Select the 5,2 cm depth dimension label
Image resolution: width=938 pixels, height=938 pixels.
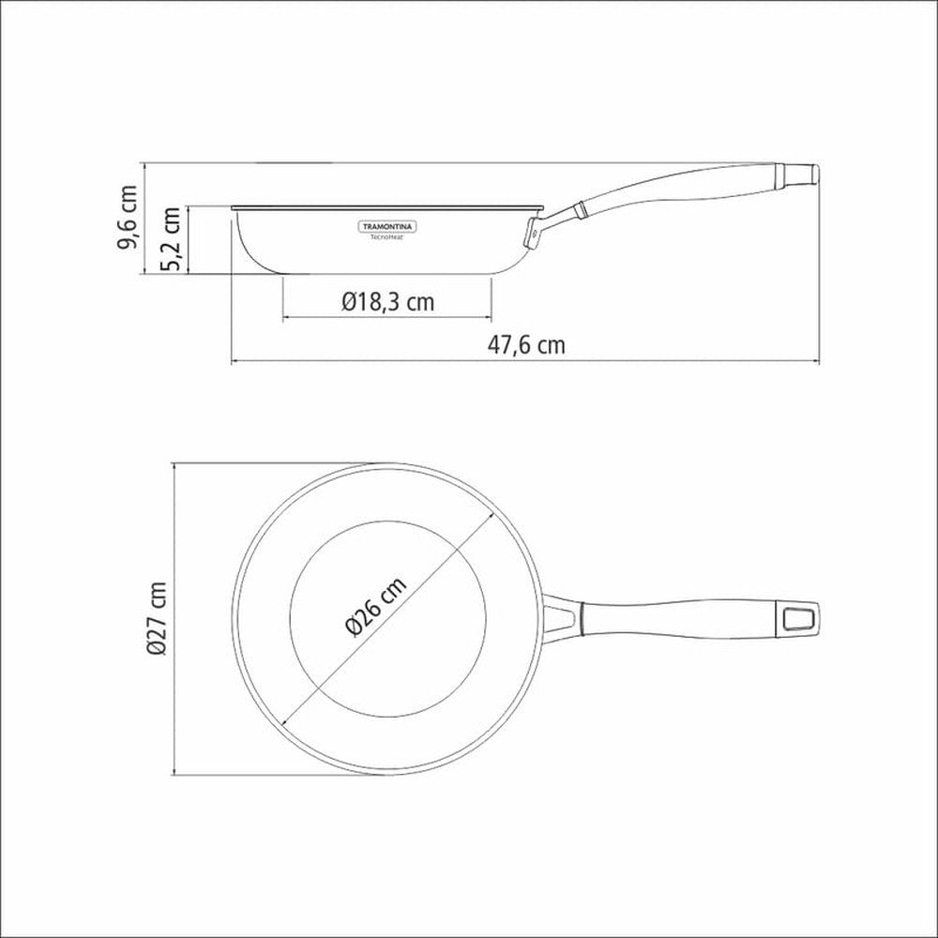click(x=172, y=240)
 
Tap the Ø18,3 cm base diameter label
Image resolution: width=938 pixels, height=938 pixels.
click(x=387, y=301)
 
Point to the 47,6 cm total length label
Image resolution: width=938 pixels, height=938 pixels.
click(x=526, y=344)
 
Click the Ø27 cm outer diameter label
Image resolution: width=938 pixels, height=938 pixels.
click(x=157, y=618)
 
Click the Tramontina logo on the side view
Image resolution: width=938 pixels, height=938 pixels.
click(x=390, y=227)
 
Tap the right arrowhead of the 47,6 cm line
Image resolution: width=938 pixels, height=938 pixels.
click(x=815, y=361)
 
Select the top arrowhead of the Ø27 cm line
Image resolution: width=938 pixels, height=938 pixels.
click(x=175, y=466)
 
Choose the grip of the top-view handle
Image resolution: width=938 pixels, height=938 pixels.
click(x=675, y=618)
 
